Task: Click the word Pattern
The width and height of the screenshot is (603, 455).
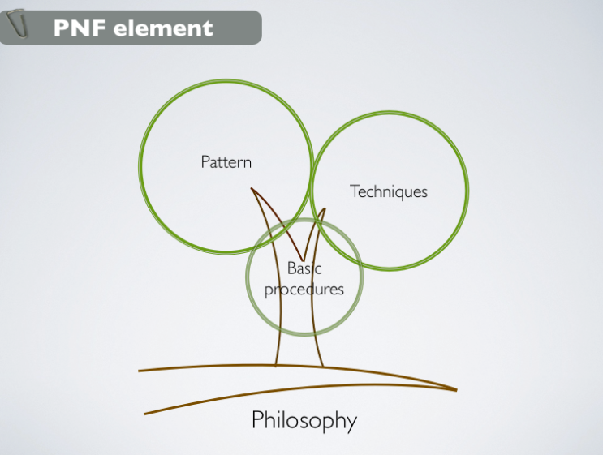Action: (226, 161)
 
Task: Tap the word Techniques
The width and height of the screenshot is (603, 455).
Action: (389, 191)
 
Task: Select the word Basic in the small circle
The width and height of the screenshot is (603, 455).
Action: (304, 268)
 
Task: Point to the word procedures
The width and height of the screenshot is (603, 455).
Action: (304, 290)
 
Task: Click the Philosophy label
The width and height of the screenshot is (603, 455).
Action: (304, 420)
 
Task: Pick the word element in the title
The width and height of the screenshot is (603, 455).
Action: (163, 28)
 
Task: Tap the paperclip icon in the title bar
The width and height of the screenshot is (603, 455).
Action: (17, 23)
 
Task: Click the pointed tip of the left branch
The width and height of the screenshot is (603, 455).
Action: (252, 188)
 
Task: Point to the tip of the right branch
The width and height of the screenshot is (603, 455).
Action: (325, 209)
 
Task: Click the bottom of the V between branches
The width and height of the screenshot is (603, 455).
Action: (304, 260)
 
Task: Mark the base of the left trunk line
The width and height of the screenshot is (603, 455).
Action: (276, 366)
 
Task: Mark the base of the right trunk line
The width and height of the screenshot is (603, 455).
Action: (322, 367)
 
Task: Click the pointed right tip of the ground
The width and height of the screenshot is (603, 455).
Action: (456, 390)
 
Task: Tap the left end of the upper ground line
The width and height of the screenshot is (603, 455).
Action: (139, 371)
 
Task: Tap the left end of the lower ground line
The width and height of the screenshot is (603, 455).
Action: (144, 414)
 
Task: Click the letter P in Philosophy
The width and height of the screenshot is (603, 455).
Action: (258, 419)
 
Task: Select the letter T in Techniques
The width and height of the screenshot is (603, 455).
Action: (355, 191)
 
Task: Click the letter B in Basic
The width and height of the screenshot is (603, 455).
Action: (291, 268)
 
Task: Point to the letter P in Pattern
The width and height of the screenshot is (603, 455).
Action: (205, 161)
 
